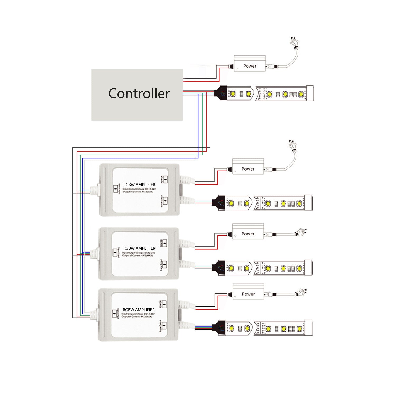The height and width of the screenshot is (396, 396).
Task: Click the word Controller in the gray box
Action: pos(139,94)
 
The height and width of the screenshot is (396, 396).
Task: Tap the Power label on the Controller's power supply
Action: pos(250,66)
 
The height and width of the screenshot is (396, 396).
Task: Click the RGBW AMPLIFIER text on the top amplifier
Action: pos(139,185)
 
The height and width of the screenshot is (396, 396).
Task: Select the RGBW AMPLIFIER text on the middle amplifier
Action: pos(139,248)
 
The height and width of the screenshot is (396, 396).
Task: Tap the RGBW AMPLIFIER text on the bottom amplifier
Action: pos(139,310)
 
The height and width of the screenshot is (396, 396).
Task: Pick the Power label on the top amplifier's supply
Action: pos(248,169)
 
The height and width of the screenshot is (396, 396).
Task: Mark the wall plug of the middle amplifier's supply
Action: pos(300,232)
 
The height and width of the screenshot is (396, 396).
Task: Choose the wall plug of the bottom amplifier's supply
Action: pos(301,293)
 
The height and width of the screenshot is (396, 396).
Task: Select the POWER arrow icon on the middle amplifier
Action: pos(165,243)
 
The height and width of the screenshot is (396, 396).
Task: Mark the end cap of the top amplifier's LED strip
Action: pos(308,203)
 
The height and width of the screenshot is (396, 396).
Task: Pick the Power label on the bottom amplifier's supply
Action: pos(248,294)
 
